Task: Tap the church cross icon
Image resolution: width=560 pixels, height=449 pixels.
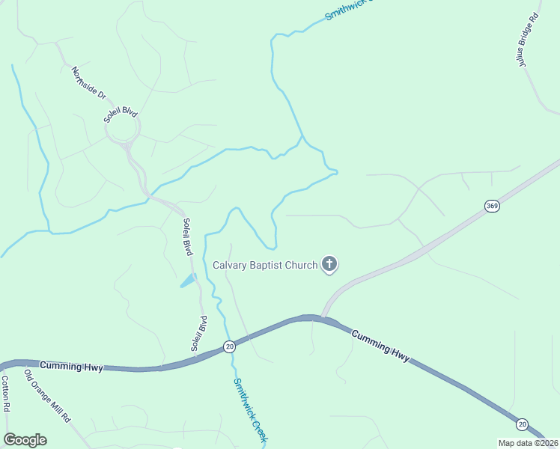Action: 329,263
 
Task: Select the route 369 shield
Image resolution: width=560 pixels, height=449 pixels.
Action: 492,206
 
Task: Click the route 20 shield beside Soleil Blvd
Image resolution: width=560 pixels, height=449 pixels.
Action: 229,346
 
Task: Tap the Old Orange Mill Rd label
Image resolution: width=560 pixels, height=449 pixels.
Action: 47,396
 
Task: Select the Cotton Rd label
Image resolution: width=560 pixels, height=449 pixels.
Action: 5,394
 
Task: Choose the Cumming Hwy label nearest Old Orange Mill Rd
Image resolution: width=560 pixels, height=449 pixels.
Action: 64,365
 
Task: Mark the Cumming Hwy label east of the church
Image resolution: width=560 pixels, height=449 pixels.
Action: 381,346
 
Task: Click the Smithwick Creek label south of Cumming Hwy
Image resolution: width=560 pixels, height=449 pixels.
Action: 249,409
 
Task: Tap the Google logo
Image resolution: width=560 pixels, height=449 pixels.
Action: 25,440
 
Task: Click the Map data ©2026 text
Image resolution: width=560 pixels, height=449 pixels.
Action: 528,443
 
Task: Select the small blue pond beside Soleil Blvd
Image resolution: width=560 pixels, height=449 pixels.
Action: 189,281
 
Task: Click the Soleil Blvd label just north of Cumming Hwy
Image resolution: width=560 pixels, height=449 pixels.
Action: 198,334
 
